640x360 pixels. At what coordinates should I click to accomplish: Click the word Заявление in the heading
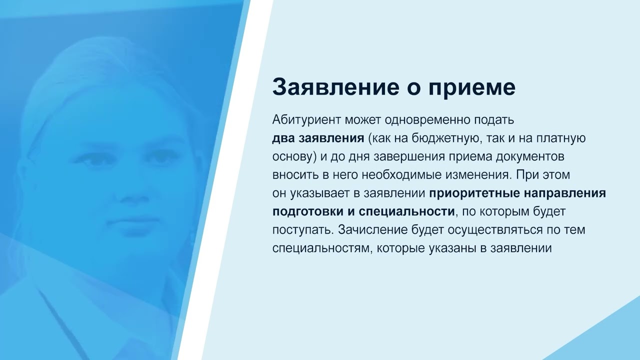tap(335, 87)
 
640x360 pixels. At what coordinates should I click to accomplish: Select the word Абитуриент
tap(306, 120)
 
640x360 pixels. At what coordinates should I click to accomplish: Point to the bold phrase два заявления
tap(318, 138)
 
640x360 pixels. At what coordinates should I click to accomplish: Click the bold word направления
tap(565, 193)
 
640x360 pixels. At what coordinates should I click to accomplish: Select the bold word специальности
tap(406, 212)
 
